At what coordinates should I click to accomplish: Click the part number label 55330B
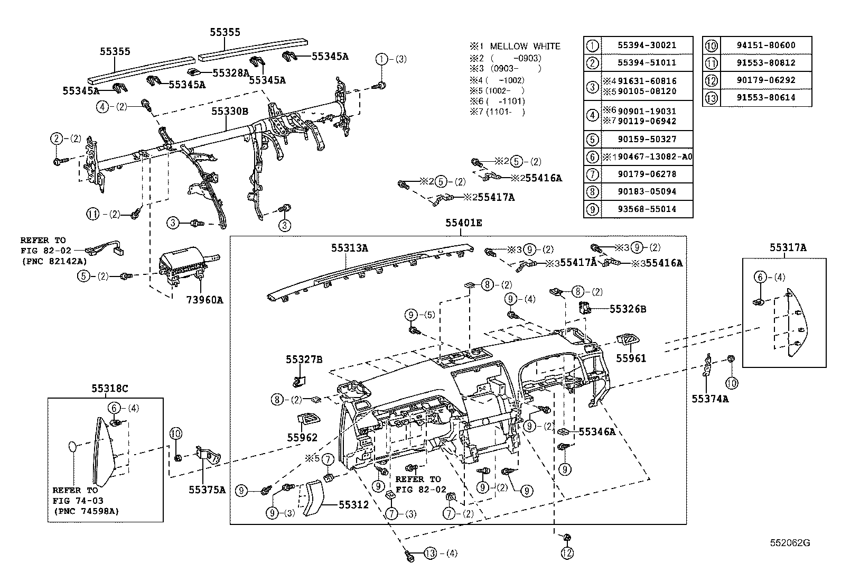click(230, 112)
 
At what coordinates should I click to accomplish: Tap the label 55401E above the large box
click(463, 223)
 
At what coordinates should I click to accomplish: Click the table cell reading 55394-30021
click(646, 45)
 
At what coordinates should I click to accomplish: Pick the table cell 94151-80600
click(765, 45)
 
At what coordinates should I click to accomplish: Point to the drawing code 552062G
click(789, 543)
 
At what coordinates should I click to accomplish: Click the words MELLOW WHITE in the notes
click(525, 47)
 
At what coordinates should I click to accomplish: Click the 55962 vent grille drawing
click(309, 420)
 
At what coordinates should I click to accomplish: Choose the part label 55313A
click(350, 247)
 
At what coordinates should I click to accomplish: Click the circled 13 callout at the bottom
click(431, 554)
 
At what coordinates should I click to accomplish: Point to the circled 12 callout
click(567, 553)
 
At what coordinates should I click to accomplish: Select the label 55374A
click(710, 399)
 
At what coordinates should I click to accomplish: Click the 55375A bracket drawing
click(209, 455)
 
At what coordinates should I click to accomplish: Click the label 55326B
click(628, 309)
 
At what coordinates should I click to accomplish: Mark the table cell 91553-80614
click(765, 98)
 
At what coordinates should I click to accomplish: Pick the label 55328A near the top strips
click(231, 73)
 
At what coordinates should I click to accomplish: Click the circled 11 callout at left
click(93, 214)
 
